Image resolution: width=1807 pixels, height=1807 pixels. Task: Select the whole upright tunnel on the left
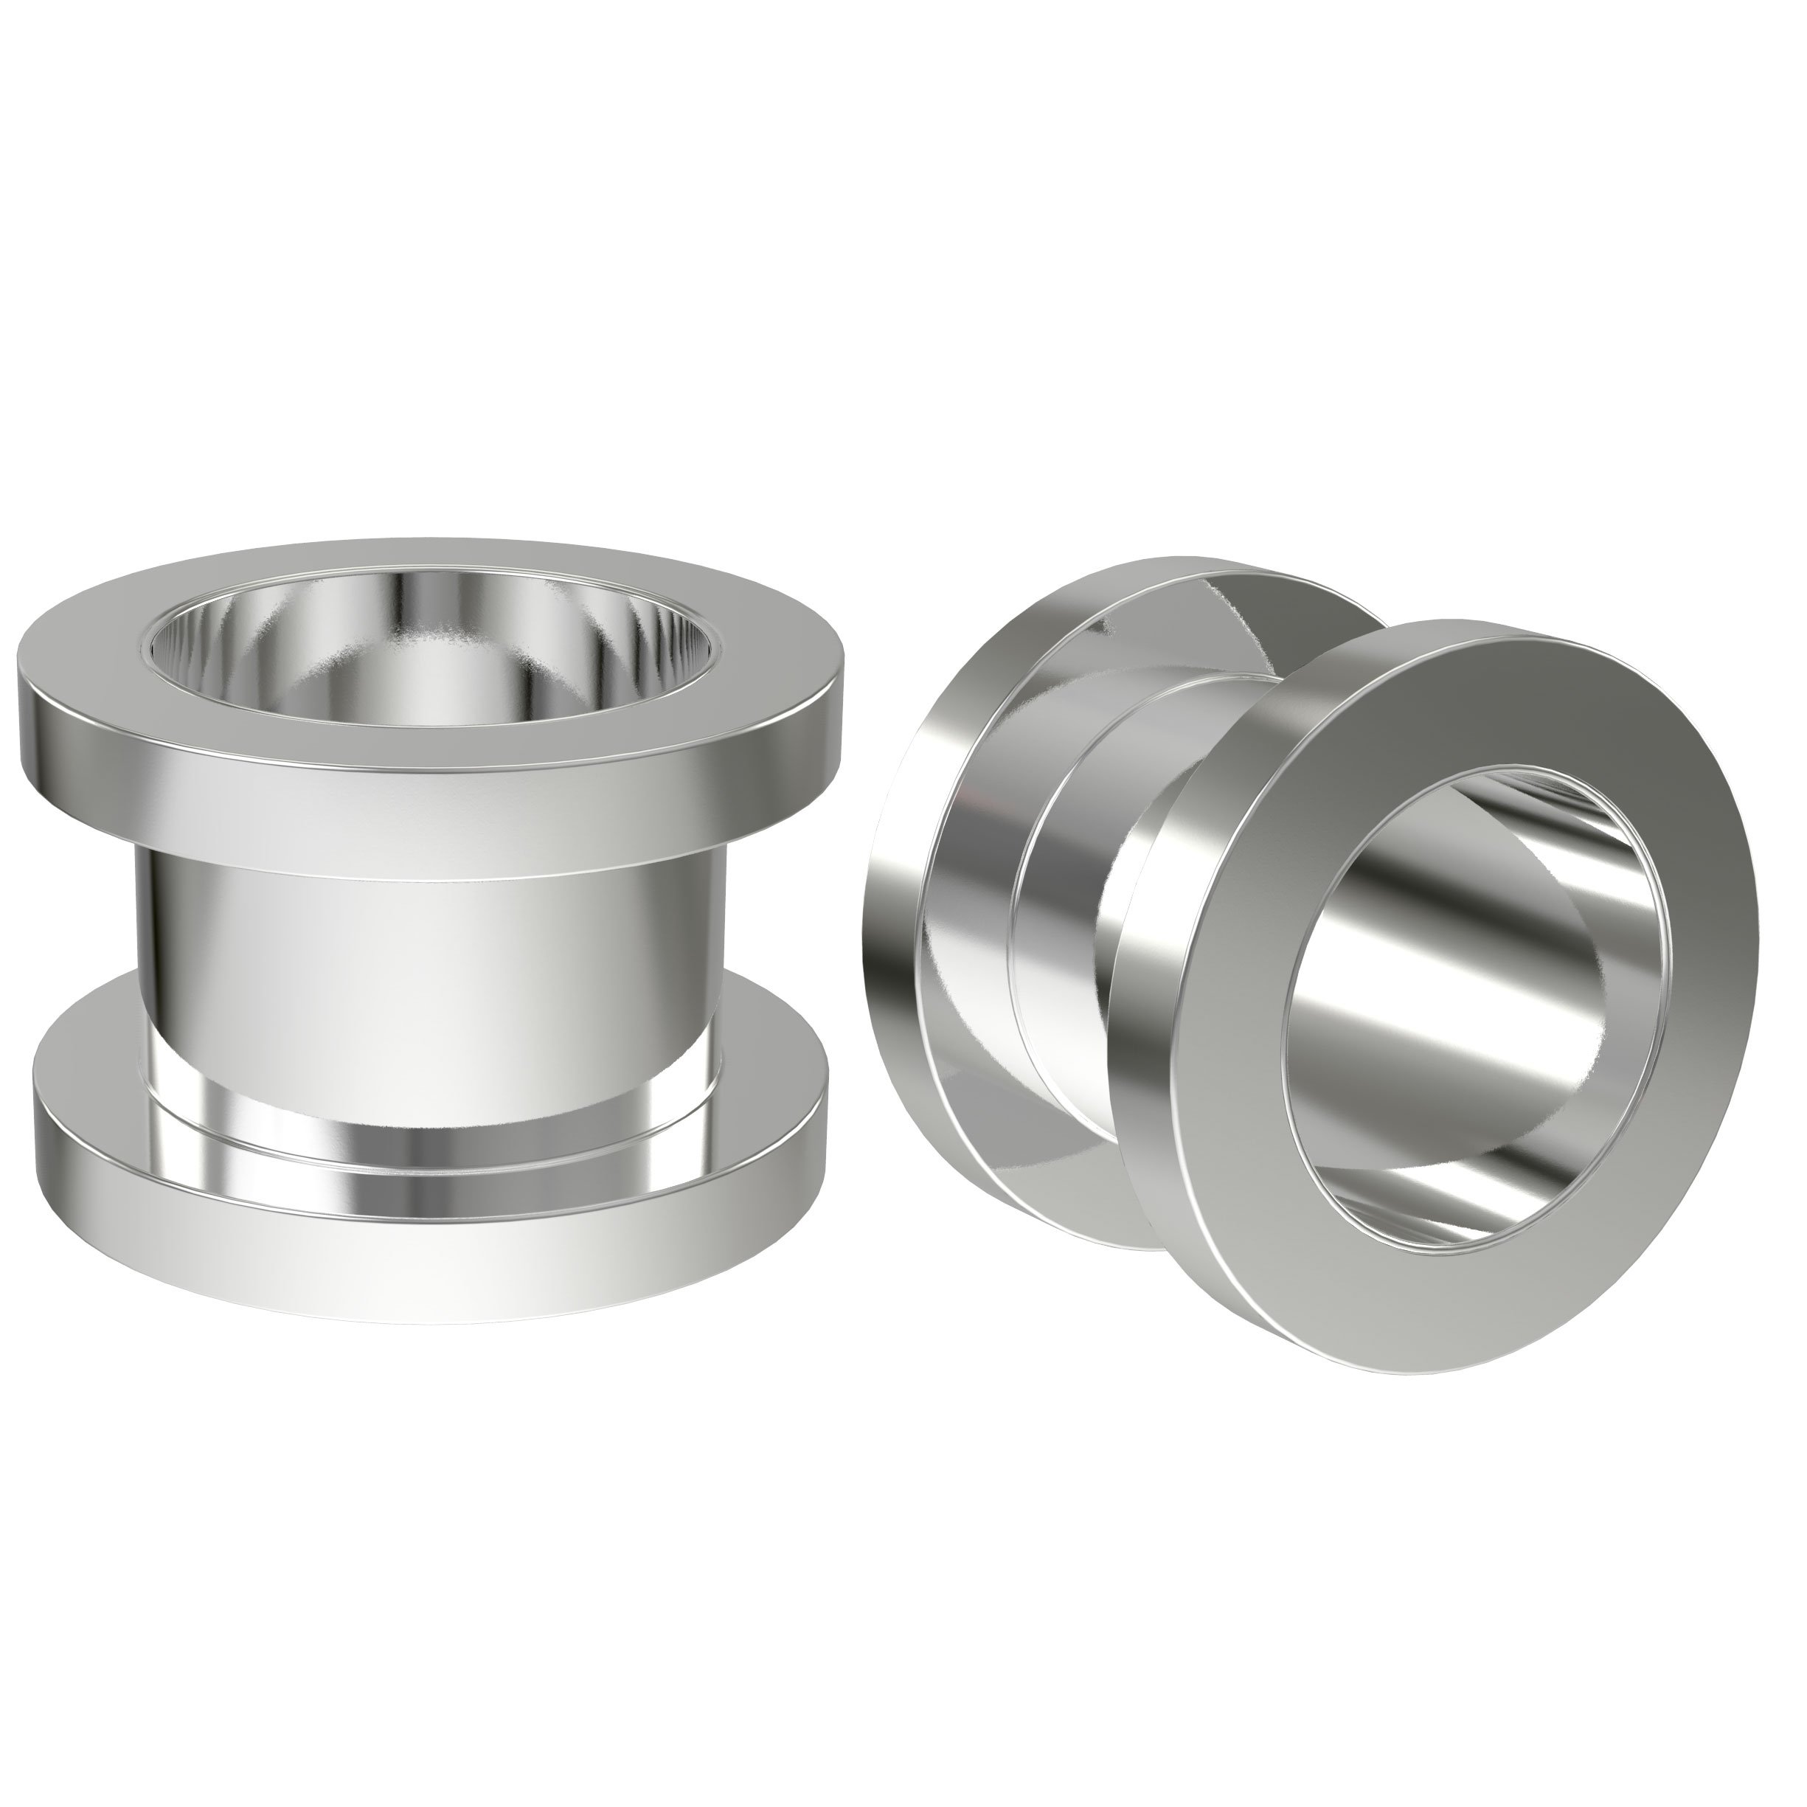point(430,935)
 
